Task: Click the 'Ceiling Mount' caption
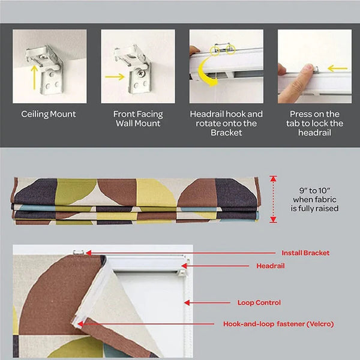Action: click(49, 115)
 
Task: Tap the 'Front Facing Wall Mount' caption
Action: click(138, 119)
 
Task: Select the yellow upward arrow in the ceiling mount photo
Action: click(34, 77)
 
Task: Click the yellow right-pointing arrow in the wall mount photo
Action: click(115, 77)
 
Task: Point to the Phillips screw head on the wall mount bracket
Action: click(141, 73)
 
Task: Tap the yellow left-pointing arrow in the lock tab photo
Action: click(337, 68)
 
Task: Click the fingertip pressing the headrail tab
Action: click(309, 67)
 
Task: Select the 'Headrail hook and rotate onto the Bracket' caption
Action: click(226, 123)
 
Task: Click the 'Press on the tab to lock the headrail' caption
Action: click(314, 123)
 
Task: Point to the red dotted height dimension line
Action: click(273, 199)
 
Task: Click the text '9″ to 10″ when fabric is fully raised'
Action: click(314, 199)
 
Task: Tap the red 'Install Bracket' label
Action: click(305, 253)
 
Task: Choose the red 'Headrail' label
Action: click(271, 266)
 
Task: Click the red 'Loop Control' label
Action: click(259, 302)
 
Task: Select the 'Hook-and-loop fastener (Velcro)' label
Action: click(278, 324)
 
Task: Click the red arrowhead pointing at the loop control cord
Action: click(187, 302)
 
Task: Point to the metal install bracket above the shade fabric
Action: click(79, 253)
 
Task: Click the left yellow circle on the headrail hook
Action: click(214, 51)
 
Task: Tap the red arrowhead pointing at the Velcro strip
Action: click(80, 324)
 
